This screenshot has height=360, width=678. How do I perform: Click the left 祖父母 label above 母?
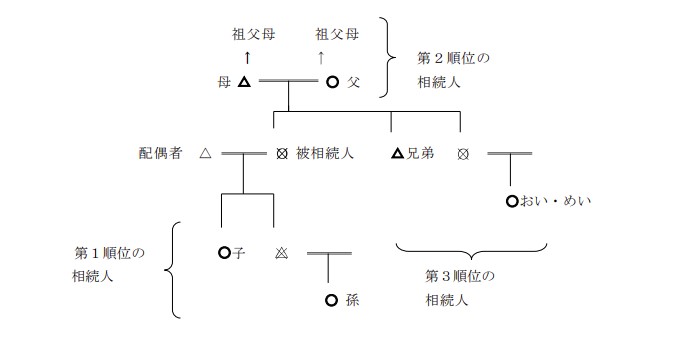pyautogui.click(x=253, y=34)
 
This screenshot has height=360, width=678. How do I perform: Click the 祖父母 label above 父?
pyautogui.click(x=338, y=34)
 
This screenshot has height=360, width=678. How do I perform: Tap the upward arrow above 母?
pyautogui.click(x=247, y=58)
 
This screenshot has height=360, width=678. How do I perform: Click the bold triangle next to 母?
pyautogui.click(x=244, y=83)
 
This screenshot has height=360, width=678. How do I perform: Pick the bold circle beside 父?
pyautogui.click(x=333, y=83)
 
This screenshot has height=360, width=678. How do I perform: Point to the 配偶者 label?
pyautogui.click(x=161, y=154)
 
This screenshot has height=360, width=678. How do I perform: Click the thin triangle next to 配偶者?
pyautogui.click(x=205, y=154)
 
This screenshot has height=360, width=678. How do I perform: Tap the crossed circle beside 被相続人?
pyautogui.click(x=282, y=154)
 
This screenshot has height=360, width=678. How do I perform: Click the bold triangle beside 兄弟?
pyautogui.click(x=397, y=154)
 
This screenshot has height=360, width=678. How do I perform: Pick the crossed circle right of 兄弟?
pyautogui.click(x=461, y=154)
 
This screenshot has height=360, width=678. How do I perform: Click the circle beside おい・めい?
pyautogui.click(x=512, y=201)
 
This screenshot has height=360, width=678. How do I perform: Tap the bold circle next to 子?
pyautogui.click(x=223, y=253)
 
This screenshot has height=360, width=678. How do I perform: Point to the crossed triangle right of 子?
pyautogui.click(x=281, y=253)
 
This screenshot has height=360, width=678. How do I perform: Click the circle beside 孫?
pyautogui.click(x=331, y=299)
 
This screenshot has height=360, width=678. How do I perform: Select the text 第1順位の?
pyautogui.click(x=111, y=253)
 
